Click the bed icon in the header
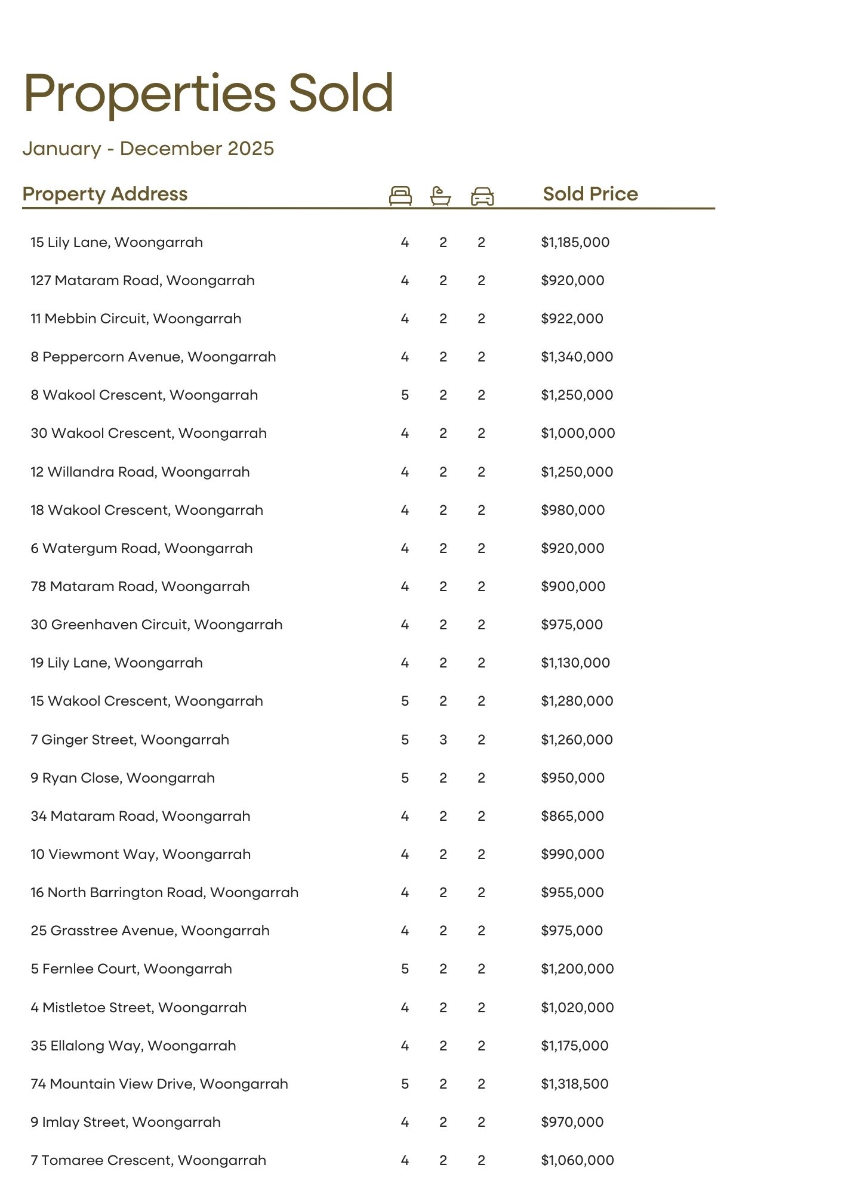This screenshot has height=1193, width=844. click(400, 196)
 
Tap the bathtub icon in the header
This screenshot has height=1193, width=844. click(441, 196)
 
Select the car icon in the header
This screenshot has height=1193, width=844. click(482, 196)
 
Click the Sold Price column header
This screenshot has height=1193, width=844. click(590, 194)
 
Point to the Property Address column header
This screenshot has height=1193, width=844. click(105, 194)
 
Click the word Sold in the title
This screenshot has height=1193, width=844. click(341, 93)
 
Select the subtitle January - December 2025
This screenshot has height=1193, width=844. click(148, 149)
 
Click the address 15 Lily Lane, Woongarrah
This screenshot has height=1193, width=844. click(117, 242)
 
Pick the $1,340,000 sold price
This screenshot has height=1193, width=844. click(577, 357)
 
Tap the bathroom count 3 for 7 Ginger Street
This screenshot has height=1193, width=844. click(443, 740)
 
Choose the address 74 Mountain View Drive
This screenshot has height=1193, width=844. click(159, 1084)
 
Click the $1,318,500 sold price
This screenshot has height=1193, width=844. click(574, 1084)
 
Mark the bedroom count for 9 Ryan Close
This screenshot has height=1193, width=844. click(405, 778)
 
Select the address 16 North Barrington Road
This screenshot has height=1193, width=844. click(165, 892)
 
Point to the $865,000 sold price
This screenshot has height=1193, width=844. click(572, 816)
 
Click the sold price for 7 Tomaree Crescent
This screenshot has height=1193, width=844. click(577, 1160)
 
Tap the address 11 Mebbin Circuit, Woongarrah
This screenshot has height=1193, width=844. click(136, 319)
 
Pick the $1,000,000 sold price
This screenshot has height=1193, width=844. click(577, 433)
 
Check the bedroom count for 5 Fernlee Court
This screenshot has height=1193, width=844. click(405, 969)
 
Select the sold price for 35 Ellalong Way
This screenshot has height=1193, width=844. click(574, 1046)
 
